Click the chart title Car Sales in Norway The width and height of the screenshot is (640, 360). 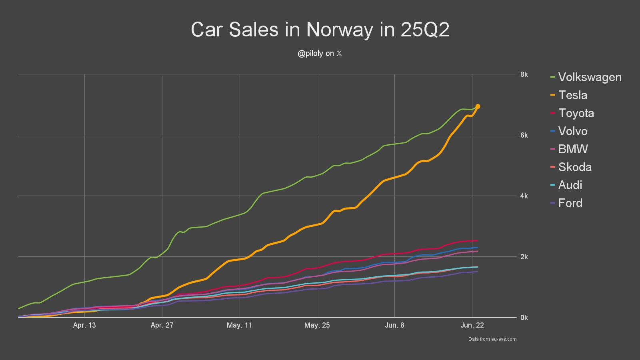[x=320, y=30]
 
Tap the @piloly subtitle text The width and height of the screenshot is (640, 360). [x=320, y=54]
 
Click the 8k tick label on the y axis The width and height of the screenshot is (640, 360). [x=524, y=74]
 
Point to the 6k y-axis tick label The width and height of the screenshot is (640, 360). [x=524, y=135]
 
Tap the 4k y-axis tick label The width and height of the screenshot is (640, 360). [x=524, y=196]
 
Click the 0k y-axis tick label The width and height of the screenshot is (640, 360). [x=524, y=318]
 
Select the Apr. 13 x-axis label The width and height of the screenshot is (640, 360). [x=84, y=325]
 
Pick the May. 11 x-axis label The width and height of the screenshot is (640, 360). [x=239, y=325]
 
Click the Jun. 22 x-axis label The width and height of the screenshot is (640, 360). [x=472, y=325]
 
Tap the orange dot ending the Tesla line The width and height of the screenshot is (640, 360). [x=478, y=106]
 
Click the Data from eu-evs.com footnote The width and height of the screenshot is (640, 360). [x=492, y=339]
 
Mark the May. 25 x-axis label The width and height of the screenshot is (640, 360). [x=317, y=325]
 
